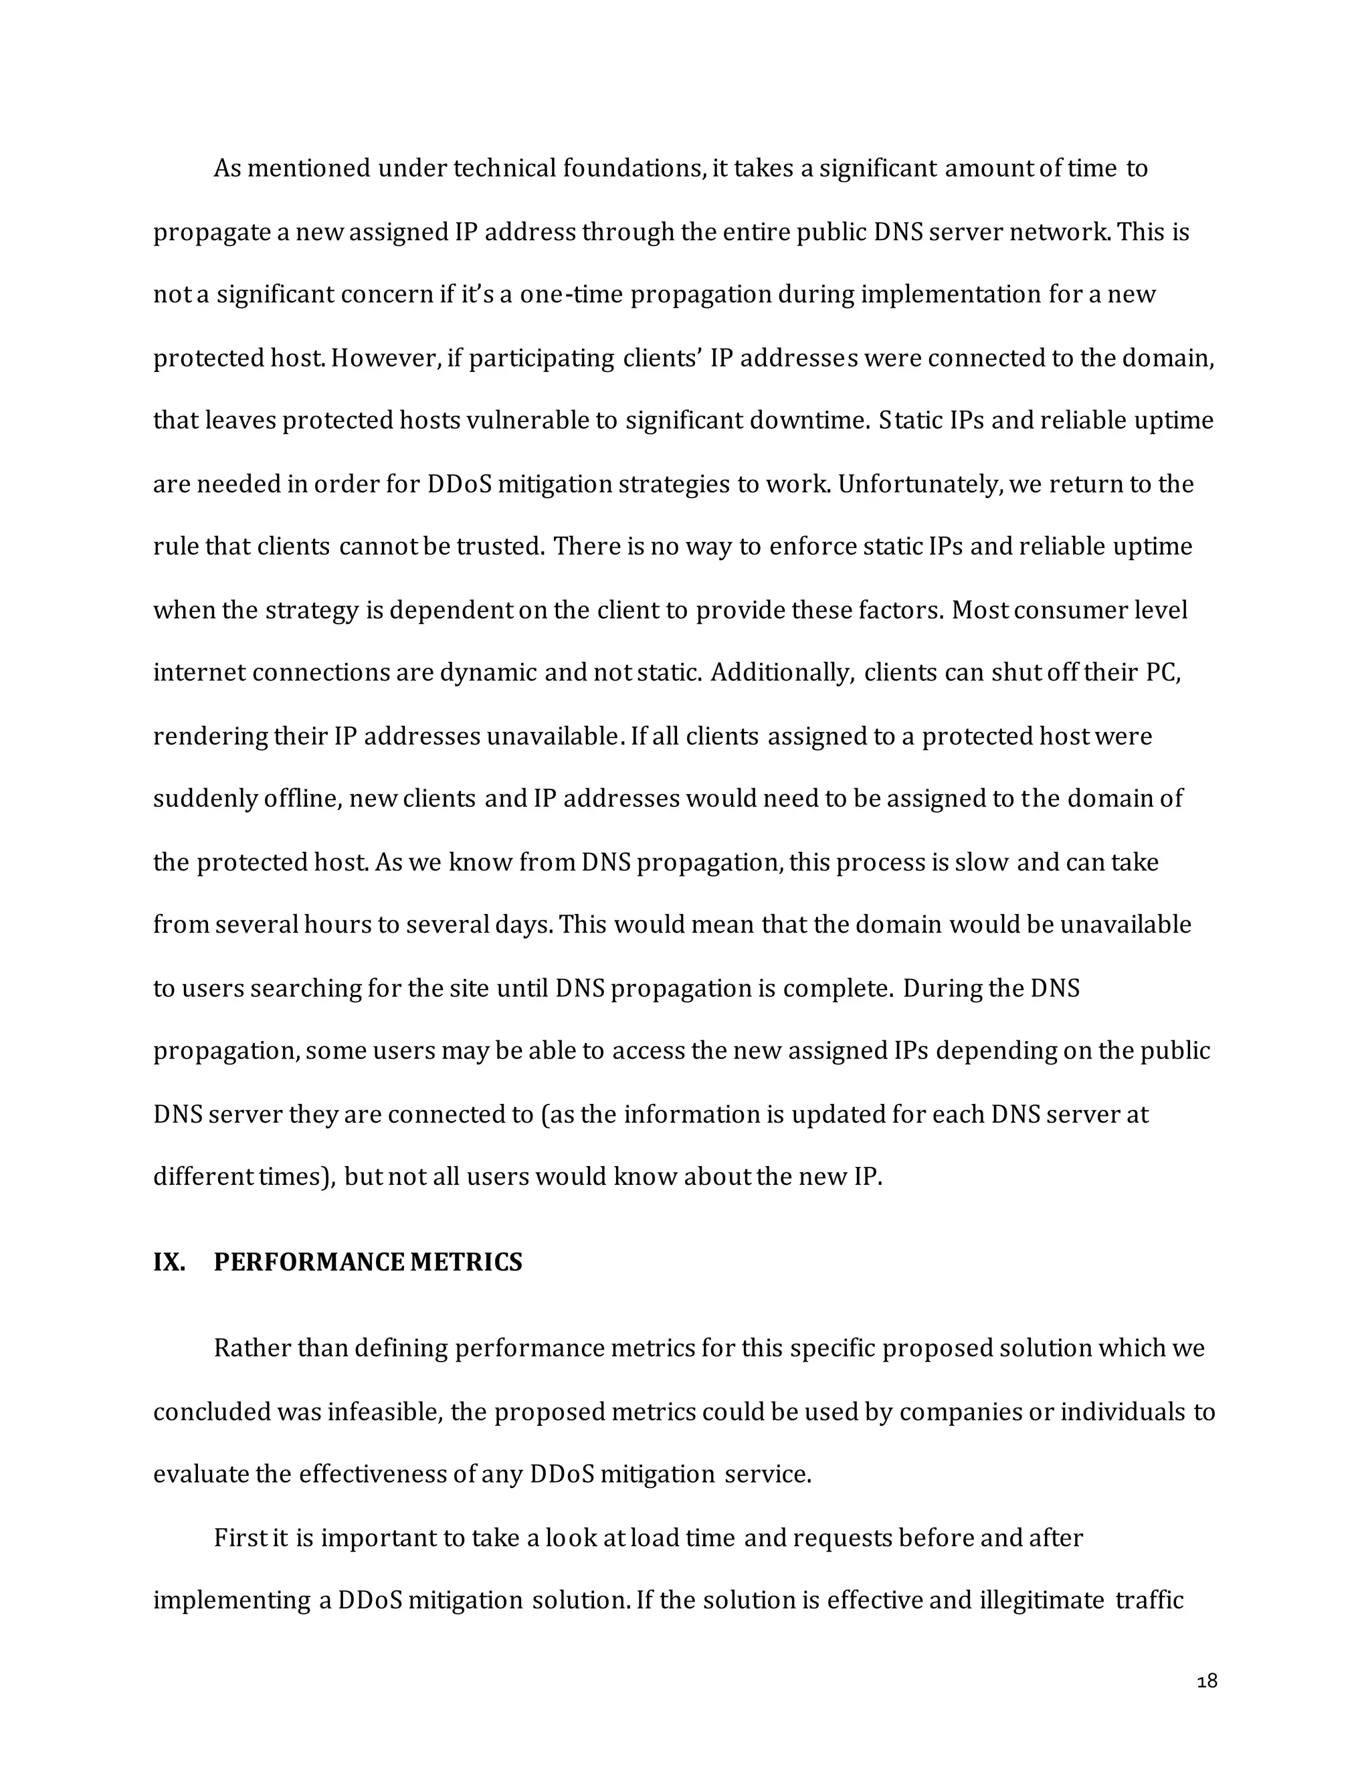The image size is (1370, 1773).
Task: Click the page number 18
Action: coord(1207,1681)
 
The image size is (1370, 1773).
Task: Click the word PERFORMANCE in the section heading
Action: coord(309,1263)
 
